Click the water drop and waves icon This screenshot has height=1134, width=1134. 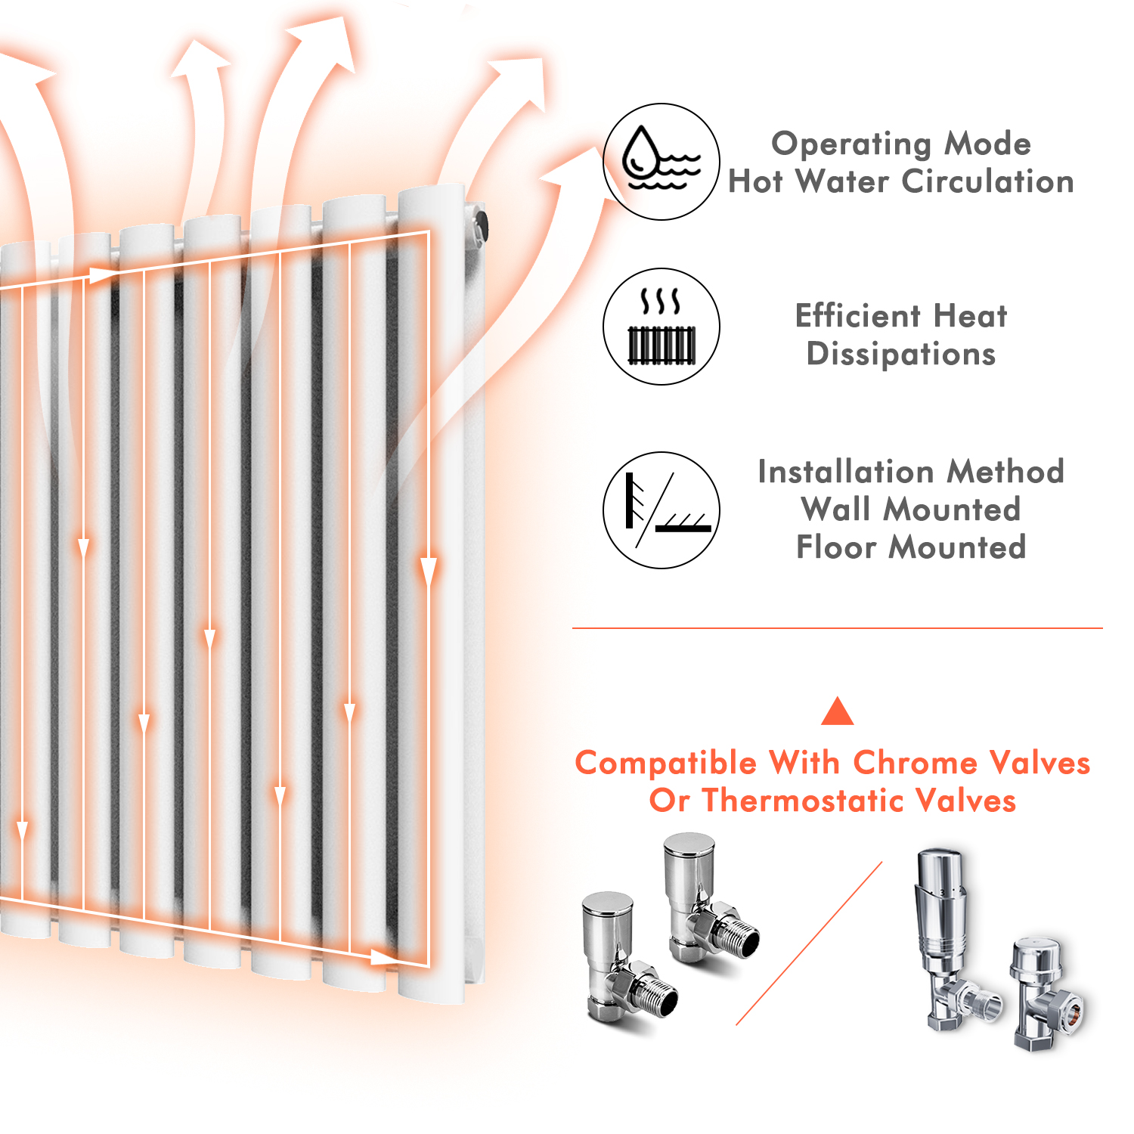pos(661,161)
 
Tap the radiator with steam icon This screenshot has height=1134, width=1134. pos(661,326)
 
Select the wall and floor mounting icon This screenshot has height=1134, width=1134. pos(661,510)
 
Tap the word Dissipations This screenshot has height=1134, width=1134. pos(901,355)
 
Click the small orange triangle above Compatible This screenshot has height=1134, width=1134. pos(837,711)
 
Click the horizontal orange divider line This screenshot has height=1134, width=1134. pos(838,627)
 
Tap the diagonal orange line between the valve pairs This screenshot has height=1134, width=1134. pos(809,943)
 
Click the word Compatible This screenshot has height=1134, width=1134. pos(665,764)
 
